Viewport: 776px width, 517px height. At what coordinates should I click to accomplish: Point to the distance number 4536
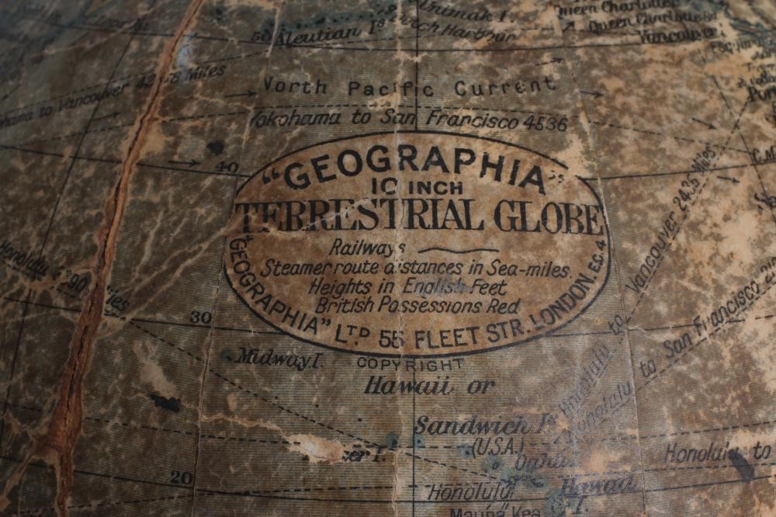click(543, 123)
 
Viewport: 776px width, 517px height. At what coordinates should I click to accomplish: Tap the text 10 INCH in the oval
click(417, 187)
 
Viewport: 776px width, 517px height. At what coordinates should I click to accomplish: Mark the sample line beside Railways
click(458, 251)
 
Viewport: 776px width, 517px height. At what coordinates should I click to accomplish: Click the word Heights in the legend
click(341, 286)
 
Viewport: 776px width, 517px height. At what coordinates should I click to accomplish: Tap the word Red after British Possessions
click(503, 306)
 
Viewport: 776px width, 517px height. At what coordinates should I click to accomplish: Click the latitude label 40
click(227, 167)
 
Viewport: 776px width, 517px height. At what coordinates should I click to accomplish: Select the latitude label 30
click(200, 317)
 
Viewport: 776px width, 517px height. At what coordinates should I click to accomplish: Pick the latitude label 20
click(181, 477)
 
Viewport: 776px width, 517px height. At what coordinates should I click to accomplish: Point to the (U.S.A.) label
click(497, 446)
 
